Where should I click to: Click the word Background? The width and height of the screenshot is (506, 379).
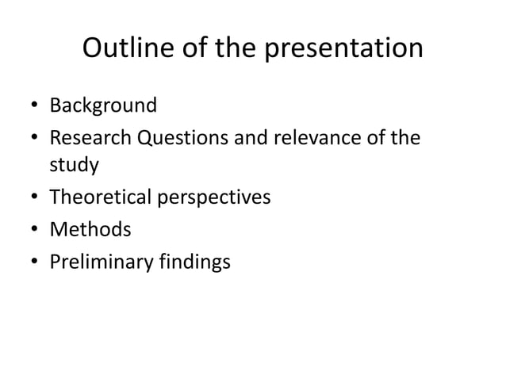coord(103,105)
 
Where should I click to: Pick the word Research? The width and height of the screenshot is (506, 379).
coord(90,136)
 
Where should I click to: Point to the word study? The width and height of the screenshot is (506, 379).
coord(75,167)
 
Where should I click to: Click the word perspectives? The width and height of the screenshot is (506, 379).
coord(216,198)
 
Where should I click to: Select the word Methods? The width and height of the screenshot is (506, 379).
coord(90,230)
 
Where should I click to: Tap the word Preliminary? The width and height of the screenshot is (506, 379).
coord(96,261)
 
